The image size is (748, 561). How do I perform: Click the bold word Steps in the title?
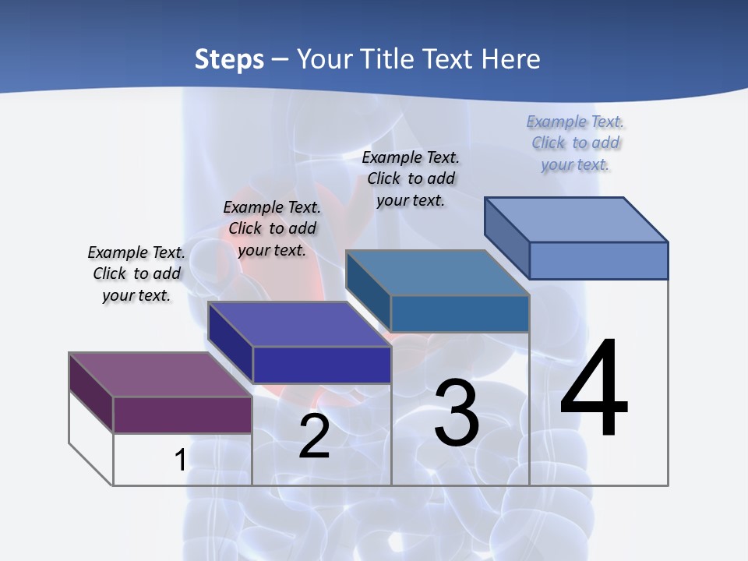click(229, 59)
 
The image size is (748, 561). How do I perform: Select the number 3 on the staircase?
click(457, 414)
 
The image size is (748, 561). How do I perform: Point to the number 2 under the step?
click(315, 437)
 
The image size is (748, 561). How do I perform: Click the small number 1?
click(180, 460)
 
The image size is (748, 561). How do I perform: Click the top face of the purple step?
click(160, 375)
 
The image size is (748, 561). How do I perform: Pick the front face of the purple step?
click(182, 415)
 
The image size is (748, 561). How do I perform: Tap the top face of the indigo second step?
click(298, 324)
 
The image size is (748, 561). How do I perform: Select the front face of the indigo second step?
click(322, 365)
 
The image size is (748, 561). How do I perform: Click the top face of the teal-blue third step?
click(437, 273)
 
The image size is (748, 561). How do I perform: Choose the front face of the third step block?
click(460, 313)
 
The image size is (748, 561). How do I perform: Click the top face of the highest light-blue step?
click(576, 220)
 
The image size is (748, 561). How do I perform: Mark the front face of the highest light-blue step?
click(598, 260)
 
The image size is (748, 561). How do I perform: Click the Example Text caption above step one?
click(136, 273)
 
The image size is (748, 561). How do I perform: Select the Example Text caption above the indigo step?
click(272, 228)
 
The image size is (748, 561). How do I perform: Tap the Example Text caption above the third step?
click(411, 178)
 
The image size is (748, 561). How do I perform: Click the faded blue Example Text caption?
click(575, 143)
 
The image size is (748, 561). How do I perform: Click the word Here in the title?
click(511, 59)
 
